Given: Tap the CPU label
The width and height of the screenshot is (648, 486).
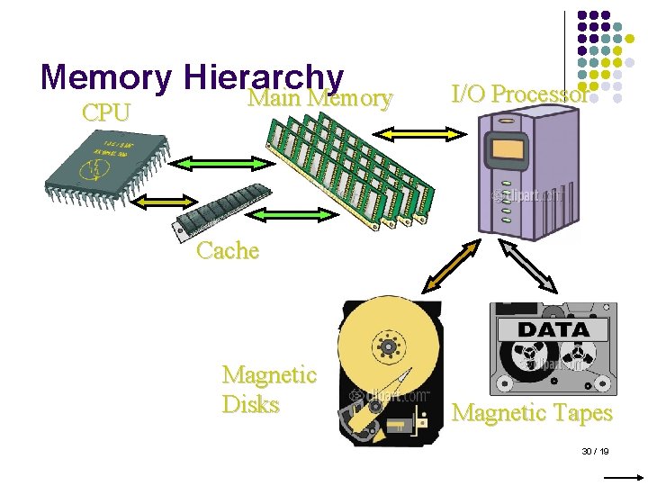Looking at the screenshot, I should point(105,113).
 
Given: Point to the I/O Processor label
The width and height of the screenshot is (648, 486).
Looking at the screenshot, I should point(520,94).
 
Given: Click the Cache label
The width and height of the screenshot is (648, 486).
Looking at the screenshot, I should point(228,250).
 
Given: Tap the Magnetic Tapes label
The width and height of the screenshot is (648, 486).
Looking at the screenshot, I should point(532,413).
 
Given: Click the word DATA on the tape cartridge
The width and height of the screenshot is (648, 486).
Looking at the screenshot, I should point(553,329).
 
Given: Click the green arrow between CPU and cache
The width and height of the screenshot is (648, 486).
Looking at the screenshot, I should point(165,199).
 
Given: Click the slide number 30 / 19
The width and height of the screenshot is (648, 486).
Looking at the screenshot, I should point(596,450).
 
